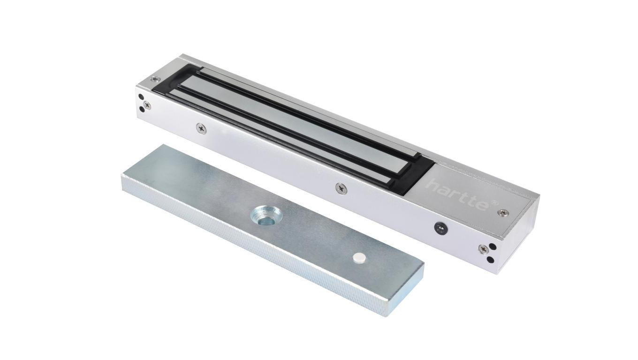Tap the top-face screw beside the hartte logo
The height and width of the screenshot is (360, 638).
point(503,213)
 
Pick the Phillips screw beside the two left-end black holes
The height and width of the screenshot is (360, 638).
point(148,105)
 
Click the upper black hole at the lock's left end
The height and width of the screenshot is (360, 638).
point(141,98)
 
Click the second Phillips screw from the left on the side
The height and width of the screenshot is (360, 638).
point(201,127)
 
